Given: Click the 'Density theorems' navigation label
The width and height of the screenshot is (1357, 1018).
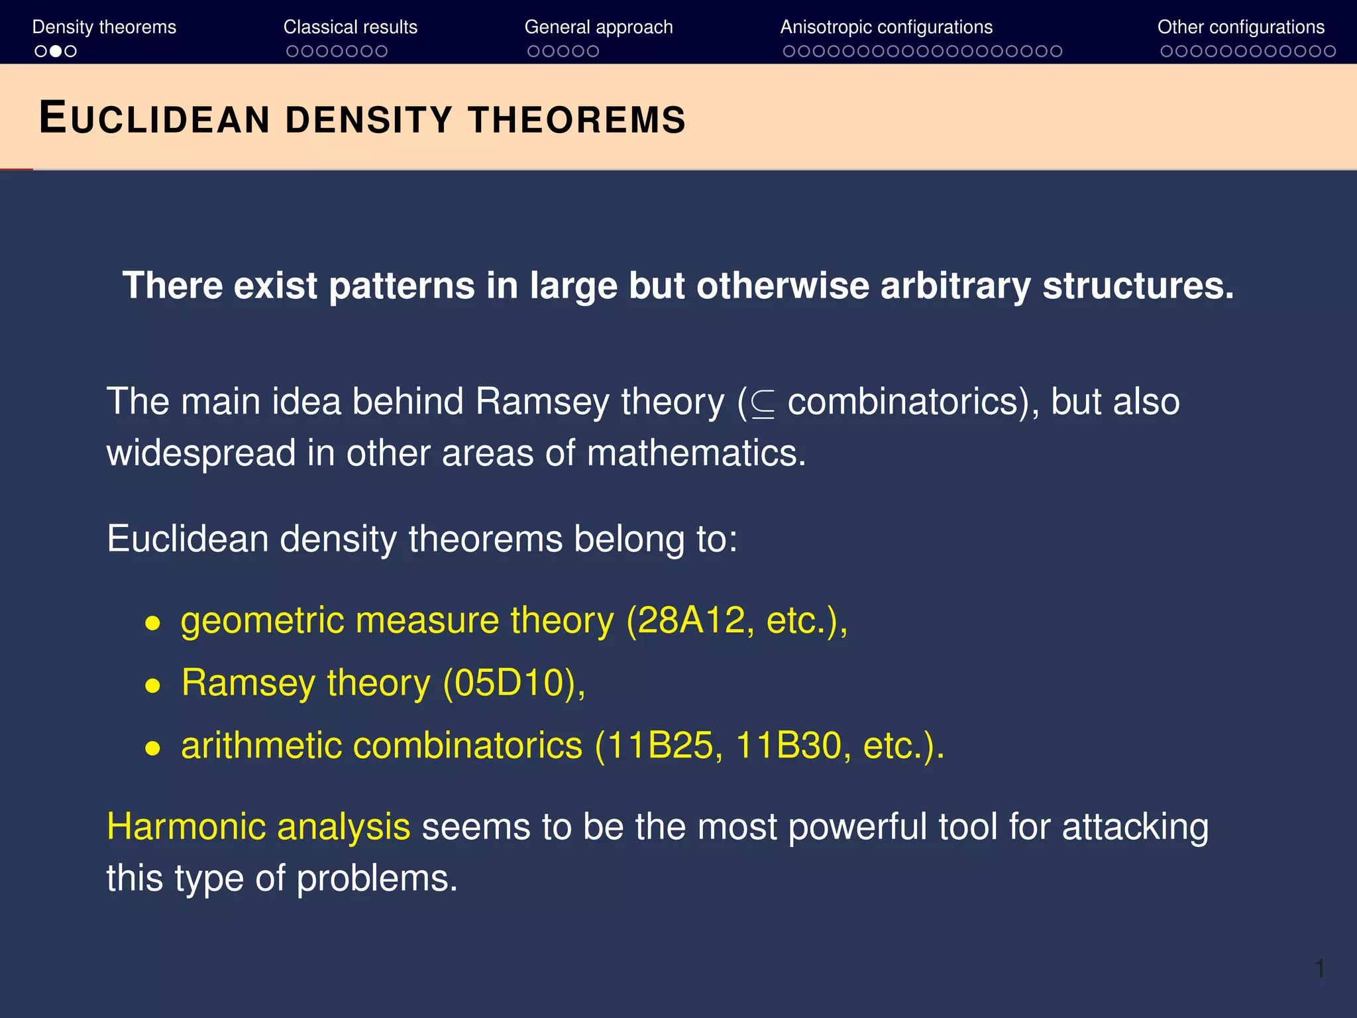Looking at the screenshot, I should pyautogui.click(x=104, y=27).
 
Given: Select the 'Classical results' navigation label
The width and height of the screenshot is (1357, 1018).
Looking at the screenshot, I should pyautogui.click(x=350, y=27).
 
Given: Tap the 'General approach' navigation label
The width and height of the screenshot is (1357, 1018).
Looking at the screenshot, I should pyautogui.click(x=598, y=27).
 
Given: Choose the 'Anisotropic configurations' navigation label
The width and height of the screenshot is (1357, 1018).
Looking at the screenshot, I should pyautogui.click(x=886, y=27).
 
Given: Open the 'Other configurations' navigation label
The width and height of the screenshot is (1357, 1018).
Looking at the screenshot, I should pyautogui.click(x=1240, y=27).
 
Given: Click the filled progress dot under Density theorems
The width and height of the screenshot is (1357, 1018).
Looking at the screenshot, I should pyautogui.click(x=56, y=51).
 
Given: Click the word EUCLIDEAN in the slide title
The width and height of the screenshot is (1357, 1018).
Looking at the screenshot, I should pyautogui.click(x=154, y=119).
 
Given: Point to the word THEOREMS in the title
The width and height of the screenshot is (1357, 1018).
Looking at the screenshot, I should pyautogui.click(x=576, y=120).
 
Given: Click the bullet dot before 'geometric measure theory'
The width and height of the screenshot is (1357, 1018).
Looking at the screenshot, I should pyautogui.click(x=153, y=623).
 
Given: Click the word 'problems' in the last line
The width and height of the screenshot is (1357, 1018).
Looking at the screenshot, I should pyautogui.click(x=376, y=879).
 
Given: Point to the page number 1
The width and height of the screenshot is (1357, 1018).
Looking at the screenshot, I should pyautogui.click(x=1319, y=968).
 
